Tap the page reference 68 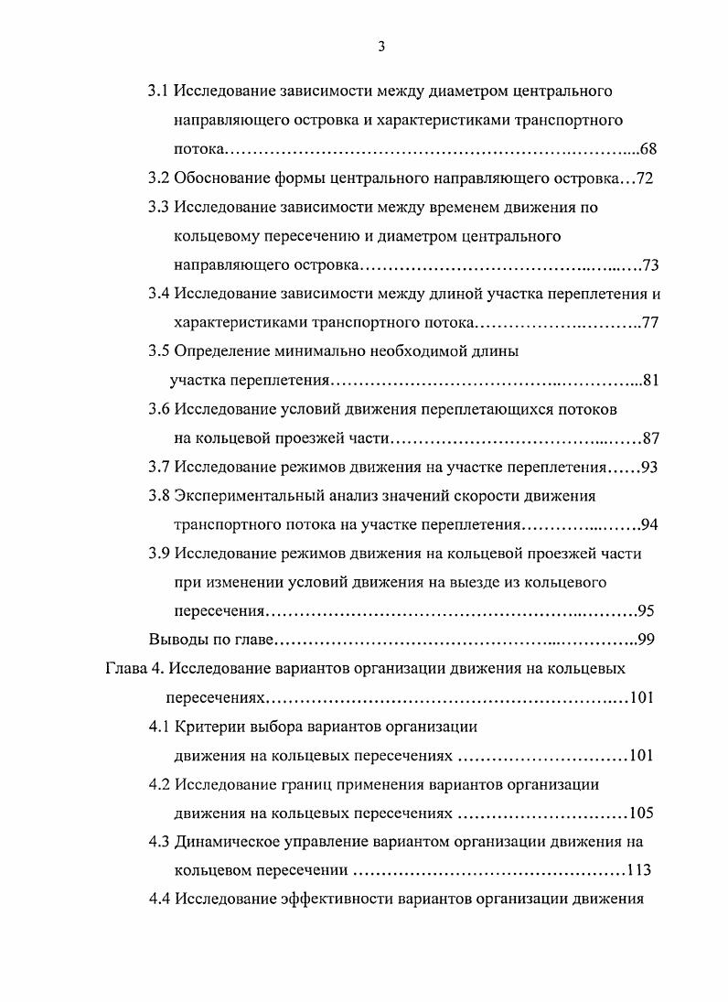click(649, 149)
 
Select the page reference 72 click(645, 178)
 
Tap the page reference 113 click(640, 870)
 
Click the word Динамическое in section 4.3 click(227, 842)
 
